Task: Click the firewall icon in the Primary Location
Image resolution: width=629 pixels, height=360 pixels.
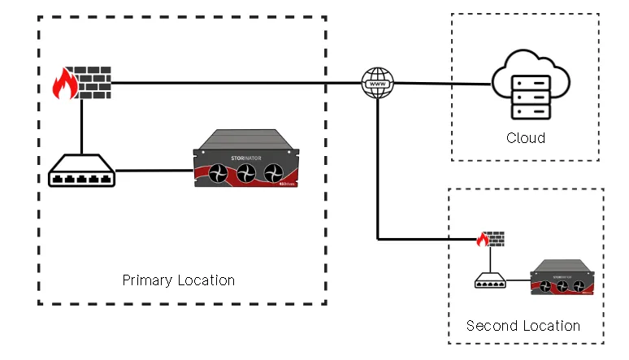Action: click(81, 83)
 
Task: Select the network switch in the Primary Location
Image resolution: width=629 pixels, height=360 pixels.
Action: click(81, 171)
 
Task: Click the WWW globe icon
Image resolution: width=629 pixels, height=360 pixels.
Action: click(377, 84)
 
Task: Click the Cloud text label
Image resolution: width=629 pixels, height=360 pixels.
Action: click(526, 137)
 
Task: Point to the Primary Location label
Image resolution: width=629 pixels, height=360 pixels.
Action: click(179, 280)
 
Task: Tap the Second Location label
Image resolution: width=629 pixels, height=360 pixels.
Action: click(523, 326)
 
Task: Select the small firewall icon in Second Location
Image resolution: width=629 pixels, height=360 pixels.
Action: click(491, 240)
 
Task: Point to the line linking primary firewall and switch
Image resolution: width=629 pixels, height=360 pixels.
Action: click(81, 126)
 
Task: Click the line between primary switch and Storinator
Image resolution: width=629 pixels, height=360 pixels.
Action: click(154, 171)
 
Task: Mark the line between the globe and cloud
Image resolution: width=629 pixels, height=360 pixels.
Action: click(439, 84)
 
